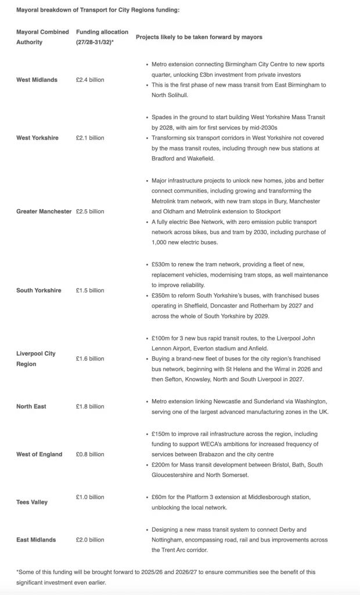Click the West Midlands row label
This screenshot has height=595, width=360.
click(37, 80)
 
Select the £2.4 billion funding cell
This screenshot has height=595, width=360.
click(90, 80)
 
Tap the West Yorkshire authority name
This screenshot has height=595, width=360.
click(37, 138)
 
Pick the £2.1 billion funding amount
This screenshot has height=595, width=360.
click(90, 138)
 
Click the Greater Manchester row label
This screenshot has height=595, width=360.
click(44, 212)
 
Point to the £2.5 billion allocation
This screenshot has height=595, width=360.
click(90, 212)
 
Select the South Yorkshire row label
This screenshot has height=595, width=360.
click(38, 290)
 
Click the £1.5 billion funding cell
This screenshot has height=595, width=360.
click(90, 290)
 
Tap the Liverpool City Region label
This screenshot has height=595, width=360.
click(36, 359)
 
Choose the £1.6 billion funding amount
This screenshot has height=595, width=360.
click(90, 359)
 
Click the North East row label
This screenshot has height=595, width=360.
click(31, 406)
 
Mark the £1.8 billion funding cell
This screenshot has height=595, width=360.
click(90, 406)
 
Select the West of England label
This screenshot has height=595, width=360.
click(39, 454)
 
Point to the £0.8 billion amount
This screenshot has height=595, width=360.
click(90, 454)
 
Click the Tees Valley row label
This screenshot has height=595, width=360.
click(32, 502)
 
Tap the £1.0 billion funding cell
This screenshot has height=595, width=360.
click(90, 497)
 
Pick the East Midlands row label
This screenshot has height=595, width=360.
click(36, 540)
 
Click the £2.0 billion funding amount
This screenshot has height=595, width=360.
click(90, 540)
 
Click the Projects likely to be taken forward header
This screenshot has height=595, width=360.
click(199, 37)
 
